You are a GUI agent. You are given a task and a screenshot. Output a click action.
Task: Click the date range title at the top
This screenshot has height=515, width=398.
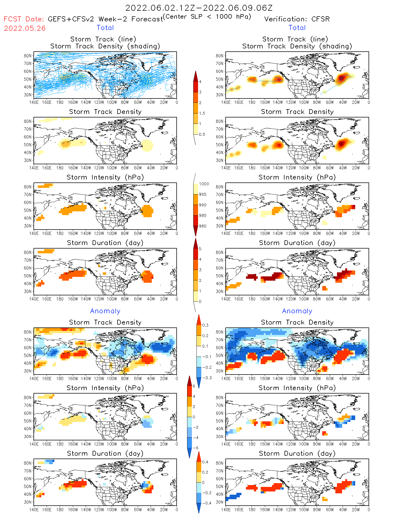click(x=199, y=8)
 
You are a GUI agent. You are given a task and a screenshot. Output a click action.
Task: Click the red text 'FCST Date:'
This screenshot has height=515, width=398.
click(x=24, y=19)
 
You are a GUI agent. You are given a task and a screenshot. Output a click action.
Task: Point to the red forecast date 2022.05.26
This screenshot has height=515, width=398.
click(x=25, y=28)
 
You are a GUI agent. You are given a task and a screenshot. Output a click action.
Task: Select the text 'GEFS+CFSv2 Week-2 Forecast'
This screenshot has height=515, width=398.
click(x=105, y=19)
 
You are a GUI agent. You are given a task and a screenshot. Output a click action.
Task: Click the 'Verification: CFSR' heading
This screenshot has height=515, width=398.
click(x=297, y=19)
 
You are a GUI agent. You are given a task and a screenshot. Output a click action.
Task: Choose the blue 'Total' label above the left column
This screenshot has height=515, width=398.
click(x=105, y=28)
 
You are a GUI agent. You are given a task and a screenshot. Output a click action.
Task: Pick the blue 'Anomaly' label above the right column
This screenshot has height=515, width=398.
click(x=297, y=311)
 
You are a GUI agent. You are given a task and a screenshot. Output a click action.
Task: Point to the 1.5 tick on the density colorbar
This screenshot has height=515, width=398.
click(x=202, y=113)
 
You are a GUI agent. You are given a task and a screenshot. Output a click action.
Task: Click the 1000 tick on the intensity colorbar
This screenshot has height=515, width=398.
click(x=204, y=184)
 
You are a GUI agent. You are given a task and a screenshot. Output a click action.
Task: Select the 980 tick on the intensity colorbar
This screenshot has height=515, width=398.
click(x=203, y=226)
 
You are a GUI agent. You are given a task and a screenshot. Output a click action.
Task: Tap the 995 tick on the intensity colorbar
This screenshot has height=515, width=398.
click(x=203, y=194)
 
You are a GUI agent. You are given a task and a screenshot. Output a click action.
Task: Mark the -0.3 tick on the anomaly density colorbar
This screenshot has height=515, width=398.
click(x=207, y=378)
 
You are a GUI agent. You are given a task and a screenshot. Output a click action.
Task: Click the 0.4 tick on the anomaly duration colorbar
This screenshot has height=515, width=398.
click(x=205, y=462)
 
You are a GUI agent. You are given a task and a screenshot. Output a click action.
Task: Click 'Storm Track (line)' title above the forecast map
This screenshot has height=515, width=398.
click(x=103, y=39)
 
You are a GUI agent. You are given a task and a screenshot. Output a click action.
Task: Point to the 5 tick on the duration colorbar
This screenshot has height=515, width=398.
click(x=200, y=249)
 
